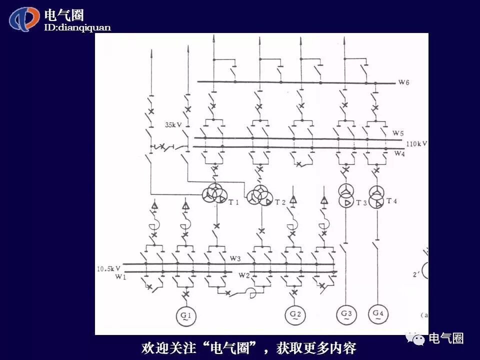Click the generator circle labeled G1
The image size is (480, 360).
(x=186, y=315)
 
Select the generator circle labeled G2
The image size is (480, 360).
(x=294, y=314)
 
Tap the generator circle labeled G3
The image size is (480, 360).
(x=346, y=314)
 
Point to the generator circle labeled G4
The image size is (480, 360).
(x=377, y=314)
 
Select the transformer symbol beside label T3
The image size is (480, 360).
(x=345, y=195)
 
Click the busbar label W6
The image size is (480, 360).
(x=404, y=82)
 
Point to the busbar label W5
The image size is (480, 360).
(x=398, y=133)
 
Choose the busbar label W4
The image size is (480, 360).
(x=399, y=153)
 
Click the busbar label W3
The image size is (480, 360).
(x=235, y=258)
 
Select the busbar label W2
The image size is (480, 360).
(x=243, y=275)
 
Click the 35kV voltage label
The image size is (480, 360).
(x=174, y=125)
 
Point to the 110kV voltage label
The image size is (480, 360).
(x=417, y=143)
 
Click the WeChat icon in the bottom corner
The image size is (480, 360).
(x=415, y=338)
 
